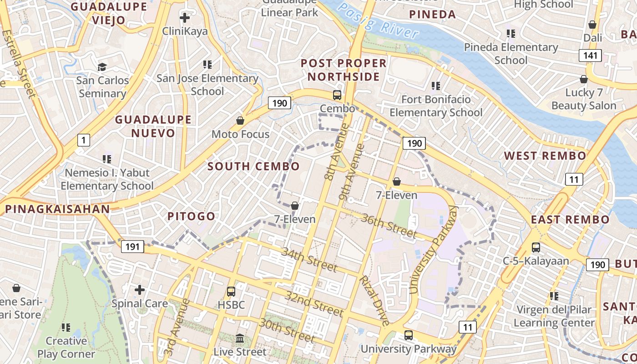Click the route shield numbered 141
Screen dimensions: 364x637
pyautogui.click(x=590, y=56)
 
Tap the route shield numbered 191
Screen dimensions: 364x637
pyautogui.click(x=132, y=247)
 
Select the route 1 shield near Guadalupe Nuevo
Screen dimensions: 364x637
pyautogui.click(x=83, y=140)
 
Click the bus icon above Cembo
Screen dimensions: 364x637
pyautogui.click(x=337, y=95)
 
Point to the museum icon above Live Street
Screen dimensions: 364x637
pyautogui.click(x=240, y=339)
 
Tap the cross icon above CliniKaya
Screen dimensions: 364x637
pyautogui.click(x=185, y=18)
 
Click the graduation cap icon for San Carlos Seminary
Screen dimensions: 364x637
pyautogui.click(x=102, y=67)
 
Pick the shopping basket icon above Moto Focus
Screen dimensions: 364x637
pyautogui.click(x=240, y=121)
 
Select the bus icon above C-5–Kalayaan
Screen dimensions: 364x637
pyautogui.click(x=536, y=248)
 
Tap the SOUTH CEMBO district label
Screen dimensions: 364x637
pyautogui.click(x=253, y=167)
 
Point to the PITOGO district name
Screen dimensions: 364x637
pyautogui.click(x=191, y=216)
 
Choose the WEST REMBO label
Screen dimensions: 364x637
pyautogui.click(x=545, y=156)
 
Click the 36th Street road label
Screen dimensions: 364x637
pyautogui.click(x=388, y=226)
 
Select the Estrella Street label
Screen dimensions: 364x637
pyautogui.click(x=19, y=64)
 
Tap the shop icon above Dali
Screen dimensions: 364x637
pyautogui.click(x=592, y=24)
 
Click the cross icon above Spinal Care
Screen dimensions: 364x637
pyautogui.click(x=140, y=289)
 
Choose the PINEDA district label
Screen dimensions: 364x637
pyautogui.click(x=432, y=15)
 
